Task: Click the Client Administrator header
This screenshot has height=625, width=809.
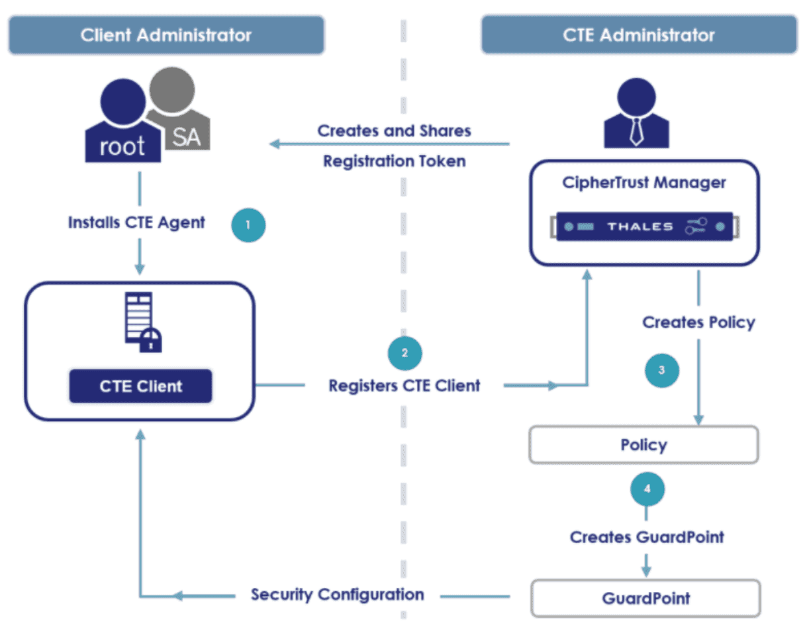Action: (x=166, y=35)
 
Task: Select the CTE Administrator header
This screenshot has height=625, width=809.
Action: (x=638, y=35)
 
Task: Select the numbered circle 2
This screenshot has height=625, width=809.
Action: (x=404, y=353)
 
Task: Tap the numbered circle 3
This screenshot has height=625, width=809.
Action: (x=662, y=371)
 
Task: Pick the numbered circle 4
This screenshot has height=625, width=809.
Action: (x=647, y=489)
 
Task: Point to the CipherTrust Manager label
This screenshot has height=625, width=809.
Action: (x=644, y=182)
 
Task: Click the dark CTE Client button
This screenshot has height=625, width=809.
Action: (x=140, y=386)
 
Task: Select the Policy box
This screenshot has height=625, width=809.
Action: (x=643, y=445)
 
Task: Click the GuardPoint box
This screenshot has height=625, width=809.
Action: (x=645, y=599)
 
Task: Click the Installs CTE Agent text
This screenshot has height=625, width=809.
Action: (x=136, y=222)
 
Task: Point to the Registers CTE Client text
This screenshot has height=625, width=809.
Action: (x=404, y=385)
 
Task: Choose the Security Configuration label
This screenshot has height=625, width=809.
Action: (x=337, y=595)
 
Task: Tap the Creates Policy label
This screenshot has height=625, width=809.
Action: (x=698, y=322)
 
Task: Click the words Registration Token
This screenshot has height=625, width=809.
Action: (x=394, y=161)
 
